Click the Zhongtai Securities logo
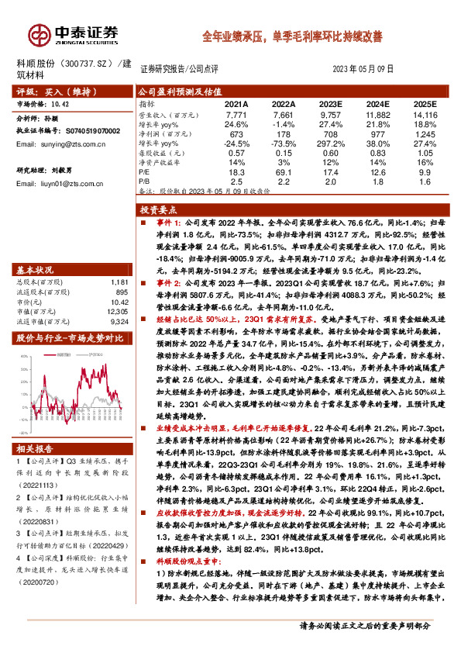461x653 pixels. [x=74, y=35]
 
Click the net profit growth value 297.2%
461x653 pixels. [x=329, y=143]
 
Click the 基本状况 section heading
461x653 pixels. [x=36, y=271]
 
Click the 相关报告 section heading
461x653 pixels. [x=36, y=449]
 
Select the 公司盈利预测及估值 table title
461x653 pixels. [x=181, y=91]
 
